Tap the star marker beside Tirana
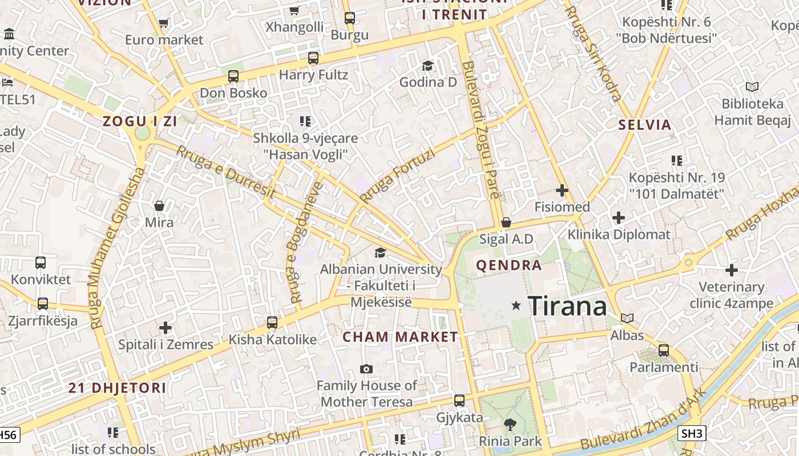[x=516, y=306]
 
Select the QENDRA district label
[x=509, y=265]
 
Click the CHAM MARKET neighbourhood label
[x=400, y=337]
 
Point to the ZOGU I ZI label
[x=140, y=121]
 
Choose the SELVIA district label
[x=645, y=125]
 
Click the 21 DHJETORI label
[x=118, y=388]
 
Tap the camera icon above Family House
[x=366, y=369]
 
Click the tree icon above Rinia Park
[x=510, y=424]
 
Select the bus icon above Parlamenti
[x=664, y=350]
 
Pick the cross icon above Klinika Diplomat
[x=619, y=217]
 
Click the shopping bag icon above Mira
[x=159, y=205]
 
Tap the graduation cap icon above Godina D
[x=427, y=66]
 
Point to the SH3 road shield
[x=692, y=433]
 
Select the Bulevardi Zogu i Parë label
[x=481, y=130]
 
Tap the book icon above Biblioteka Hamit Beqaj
[x=752, y=87]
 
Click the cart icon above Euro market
[x=164, y=23]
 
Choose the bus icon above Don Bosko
[x=233, y=76]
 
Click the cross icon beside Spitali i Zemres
[x=166, y=328]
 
